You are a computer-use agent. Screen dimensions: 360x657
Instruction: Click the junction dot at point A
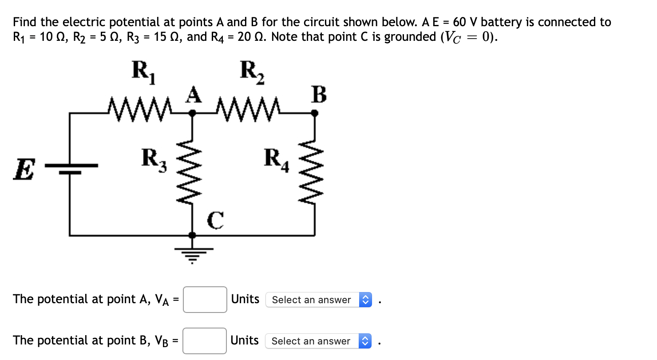[x=192, y=113]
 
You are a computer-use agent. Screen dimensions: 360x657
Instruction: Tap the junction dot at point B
[x=315, y=113]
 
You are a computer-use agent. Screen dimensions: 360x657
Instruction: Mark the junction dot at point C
[x=192, y=234]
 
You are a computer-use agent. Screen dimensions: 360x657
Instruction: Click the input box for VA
[x=205, y=300]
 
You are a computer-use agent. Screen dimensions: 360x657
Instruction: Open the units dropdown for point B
[x=318, y=341]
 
